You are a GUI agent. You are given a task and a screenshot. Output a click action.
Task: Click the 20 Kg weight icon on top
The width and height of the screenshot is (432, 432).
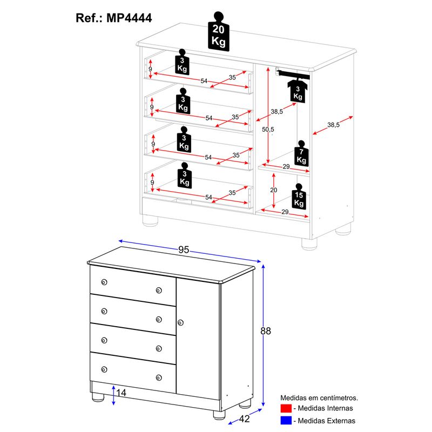point(218,31)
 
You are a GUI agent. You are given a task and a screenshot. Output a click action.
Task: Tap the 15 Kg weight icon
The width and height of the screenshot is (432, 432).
point(299,198)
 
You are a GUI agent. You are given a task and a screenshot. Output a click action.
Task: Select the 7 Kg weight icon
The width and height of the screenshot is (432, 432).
point(301,155)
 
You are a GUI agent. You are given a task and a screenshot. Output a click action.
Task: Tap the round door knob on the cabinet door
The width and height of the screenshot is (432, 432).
point(180,322)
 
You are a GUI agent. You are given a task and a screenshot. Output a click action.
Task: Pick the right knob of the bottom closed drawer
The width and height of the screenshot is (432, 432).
point(159,377)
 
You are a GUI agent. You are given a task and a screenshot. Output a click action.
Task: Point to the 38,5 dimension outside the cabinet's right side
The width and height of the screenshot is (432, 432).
point(334,125)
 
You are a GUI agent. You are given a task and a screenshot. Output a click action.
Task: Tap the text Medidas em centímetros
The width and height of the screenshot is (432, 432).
point(319,398)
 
